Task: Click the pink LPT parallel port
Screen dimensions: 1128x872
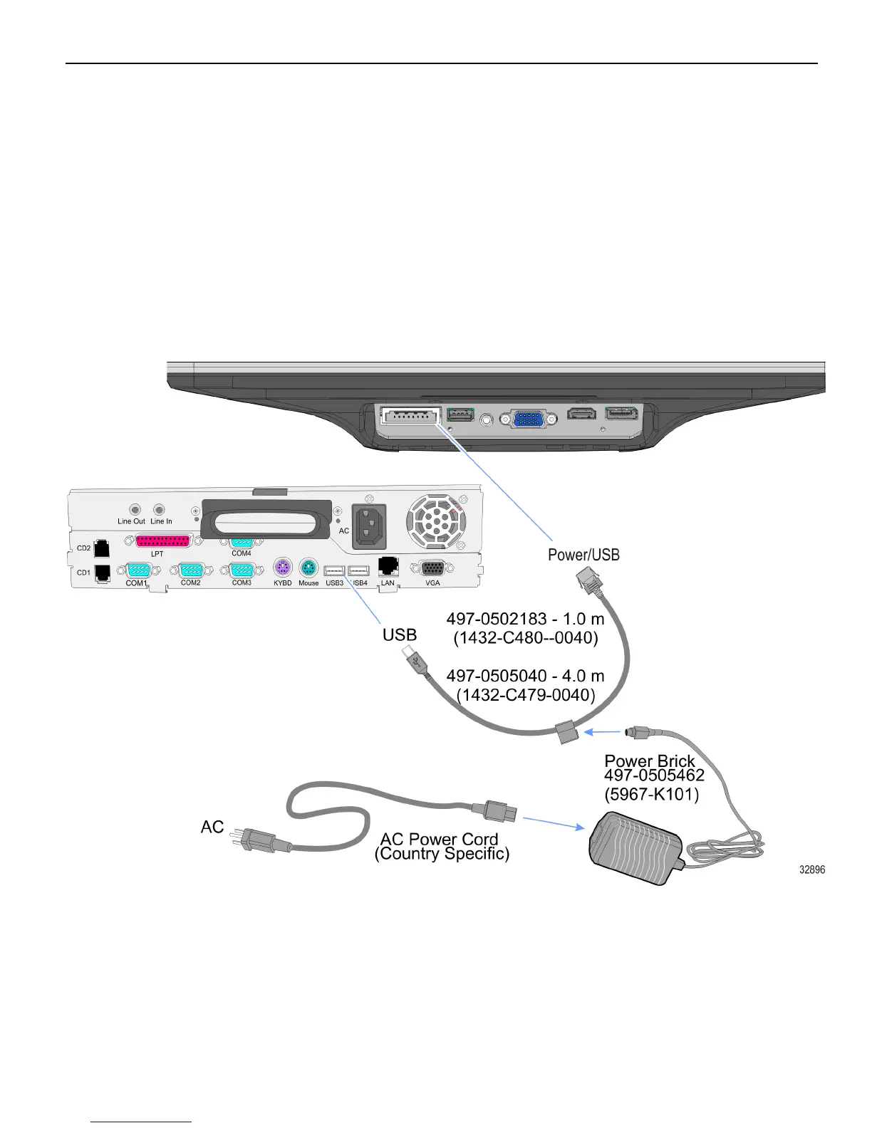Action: click(x=163, y=540)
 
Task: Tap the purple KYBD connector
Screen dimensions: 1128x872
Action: click(x=283, y=568)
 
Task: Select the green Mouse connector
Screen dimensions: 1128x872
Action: click(x=308, y=568)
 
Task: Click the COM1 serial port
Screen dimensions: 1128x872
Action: click(x=137, y=570)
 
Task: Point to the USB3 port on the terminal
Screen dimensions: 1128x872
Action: click(x=334, y=570)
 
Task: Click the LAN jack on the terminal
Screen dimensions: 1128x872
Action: click(x=388, y=566)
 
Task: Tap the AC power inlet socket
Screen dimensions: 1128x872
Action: click(x=369, y=526)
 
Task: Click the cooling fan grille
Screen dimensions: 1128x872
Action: click(x=435, y=521)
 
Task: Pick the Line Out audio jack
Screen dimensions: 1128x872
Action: click(x=135, y=510)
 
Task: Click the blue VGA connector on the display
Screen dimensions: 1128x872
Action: click(x=529, y=419)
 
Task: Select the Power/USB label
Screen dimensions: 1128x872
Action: click(x=583, y=555)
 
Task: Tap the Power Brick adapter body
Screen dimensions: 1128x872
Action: click(x=633, y=847)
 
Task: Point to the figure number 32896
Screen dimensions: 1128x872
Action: click(x=812, y=869)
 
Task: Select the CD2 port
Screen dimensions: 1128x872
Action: click(x=102, y=548)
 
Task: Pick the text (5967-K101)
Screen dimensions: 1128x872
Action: click(x=651, y=794)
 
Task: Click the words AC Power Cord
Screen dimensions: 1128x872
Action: click(x=439, y=839)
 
